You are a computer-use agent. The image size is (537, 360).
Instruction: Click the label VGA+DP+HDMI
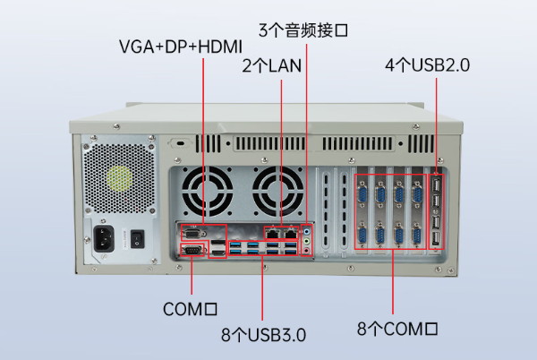[181, 47]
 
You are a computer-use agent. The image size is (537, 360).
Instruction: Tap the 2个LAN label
[272, 65]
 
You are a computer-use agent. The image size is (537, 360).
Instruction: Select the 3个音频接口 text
[303, 30]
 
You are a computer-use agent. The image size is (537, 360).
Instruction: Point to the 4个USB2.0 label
[428, 65]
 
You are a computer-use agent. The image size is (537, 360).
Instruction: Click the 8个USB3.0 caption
[263, 335]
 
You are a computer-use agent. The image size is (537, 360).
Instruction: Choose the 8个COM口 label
[397, 329]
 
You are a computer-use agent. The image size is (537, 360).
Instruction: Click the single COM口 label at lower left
[190, 309]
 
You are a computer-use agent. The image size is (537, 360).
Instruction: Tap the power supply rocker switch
[137, 239]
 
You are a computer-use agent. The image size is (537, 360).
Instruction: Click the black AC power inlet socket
[104, 238]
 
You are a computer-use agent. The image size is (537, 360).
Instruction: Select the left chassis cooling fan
[208, 192]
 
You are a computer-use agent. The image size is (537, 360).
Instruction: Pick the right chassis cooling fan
[277, 192]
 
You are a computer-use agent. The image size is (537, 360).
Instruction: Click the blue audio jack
[307, 232]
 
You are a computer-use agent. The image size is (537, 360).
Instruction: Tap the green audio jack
[307, 242]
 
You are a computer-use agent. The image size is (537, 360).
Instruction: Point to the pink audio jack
[307, 252]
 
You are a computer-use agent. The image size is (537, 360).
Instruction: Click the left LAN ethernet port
[273, 234]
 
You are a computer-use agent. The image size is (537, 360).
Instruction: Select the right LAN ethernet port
[291, 234]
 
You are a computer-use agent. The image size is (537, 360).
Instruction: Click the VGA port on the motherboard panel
[193, 234]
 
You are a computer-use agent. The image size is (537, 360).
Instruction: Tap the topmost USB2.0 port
[436, 185]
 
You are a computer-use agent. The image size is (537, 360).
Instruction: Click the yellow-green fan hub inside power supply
[119, 178]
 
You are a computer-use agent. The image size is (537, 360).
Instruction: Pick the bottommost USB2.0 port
[436, 239]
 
